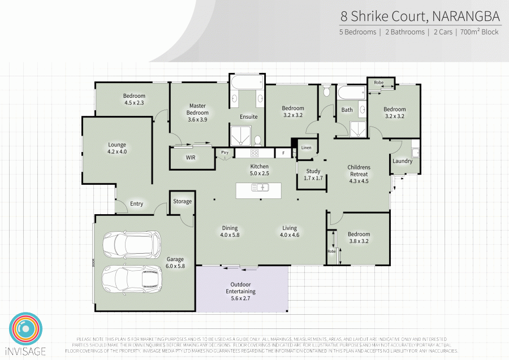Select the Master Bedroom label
(198, 109)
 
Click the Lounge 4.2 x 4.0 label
(117, 148)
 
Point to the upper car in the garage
(131, 244)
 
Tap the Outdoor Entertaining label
(242, 288)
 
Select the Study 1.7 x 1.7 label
(313, 174)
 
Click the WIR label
(191, 158)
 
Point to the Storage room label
(182, 201)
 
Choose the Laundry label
(402, 161)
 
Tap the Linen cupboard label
(306, 148)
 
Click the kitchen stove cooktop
(255, 153)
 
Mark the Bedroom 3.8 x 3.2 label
(359, 237)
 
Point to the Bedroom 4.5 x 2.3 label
(135, 99)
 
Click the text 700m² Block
(479, 32)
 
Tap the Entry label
(136, 204)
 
